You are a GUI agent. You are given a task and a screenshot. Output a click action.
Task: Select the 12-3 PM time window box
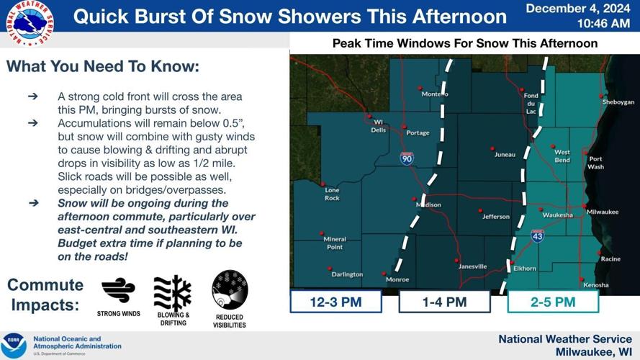point(335,302)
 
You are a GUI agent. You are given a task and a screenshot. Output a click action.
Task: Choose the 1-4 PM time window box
point(444,302)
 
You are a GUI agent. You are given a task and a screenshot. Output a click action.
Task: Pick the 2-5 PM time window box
point(553,302)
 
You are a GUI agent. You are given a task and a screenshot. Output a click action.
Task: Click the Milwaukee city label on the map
point(603,212)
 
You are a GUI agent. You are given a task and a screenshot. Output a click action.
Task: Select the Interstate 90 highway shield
point(407,158)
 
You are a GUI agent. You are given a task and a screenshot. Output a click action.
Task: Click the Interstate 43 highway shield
point(538,235)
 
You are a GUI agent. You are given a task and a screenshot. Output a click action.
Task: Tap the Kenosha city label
point(595,284)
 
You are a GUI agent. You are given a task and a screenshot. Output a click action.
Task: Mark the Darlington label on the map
point(347,274)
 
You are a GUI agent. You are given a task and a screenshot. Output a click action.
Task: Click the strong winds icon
point(118,291)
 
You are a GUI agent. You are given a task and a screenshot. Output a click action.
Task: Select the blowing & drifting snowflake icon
point(173,293)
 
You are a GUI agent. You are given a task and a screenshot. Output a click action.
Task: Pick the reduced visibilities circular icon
point(230,290)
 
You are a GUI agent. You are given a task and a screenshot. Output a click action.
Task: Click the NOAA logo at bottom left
point(14,346)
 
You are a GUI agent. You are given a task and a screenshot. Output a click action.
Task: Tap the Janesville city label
point(472,266)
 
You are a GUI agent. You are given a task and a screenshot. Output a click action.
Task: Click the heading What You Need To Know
point(103,67)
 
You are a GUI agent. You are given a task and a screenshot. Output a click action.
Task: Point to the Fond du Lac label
point(531,103)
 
